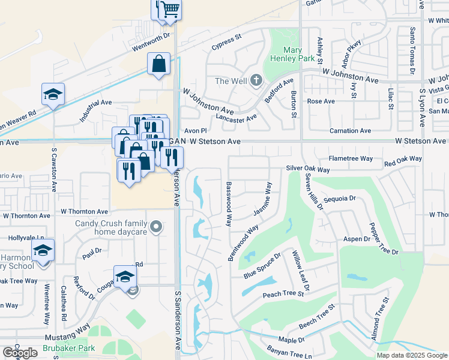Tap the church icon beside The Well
click(256, 80)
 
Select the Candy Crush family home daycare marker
click(156, 227)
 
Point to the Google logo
click(20, 353)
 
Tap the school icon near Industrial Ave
click(53, 94)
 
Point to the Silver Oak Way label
click(309, 169)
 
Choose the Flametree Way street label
click(351, 158)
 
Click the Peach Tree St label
click(284, 295)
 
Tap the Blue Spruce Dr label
click(262, 266)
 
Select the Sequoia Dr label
click(340, 197)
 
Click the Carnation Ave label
click(351, 131)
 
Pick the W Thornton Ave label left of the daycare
click(85, 212)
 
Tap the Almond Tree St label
click(376, 323)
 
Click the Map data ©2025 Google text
click(412, 355)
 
